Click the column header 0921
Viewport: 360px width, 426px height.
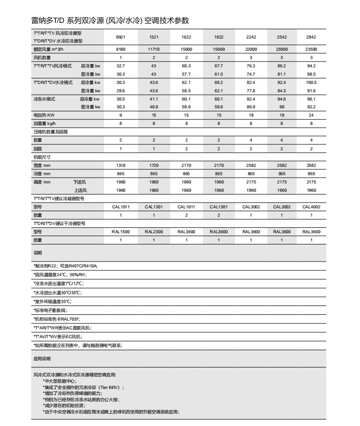120,38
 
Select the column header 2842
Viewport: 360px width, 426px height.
311,38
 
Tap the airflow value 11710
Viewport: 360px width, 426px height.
154,49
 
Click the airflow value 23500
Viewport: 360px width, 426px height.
311,49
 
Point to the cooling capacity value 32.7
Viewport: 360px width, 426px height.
120,65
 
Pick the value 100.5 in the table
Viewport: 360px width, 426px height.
311,82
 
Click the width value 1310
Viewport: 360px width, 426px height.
120,165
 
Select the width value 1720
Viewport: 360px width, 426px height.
154,165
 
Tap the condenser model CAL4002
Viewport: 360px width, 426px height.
311,207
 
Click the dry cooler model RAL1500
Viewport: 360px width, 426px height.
120,232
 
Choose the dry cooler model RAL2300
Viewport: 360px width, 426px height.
154,232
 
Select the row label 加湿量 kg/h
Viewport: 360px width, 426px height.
45,123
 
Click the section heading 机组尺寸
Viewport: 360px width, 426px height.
42,157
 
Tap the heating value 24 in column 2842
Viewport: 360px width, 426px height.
311,115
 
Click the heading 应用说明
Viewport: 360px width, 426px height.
42,359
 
